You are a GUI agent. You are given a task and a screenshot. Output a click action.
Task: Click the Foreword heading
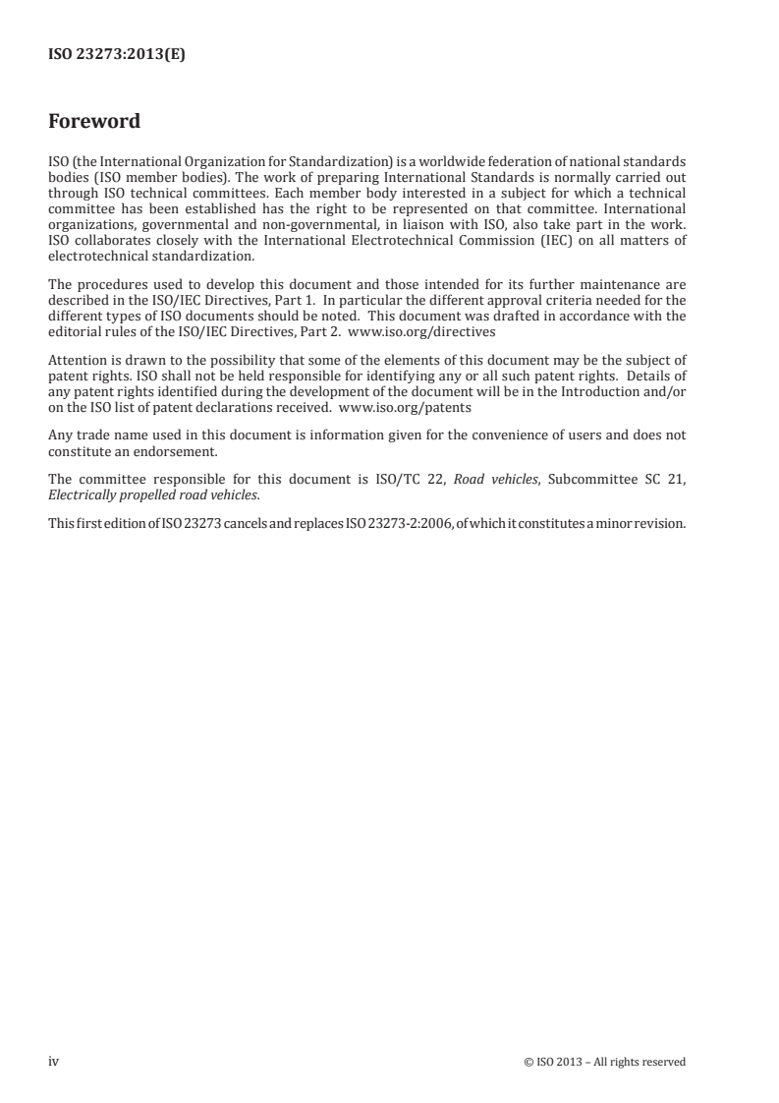tap(94, 122)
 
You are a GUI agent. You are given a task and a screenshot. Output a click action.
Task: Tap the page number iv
tap(54, 1062)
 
